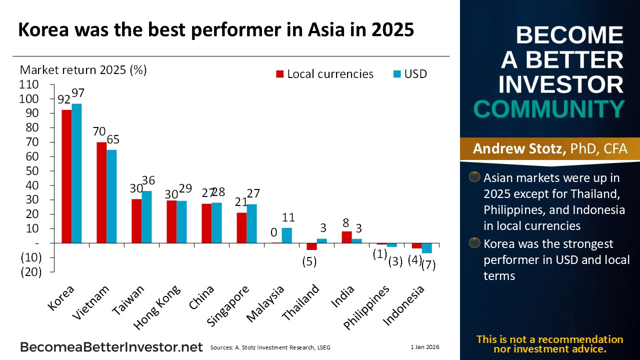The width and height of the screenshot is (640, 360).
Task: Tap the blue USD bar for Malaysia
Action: pyautogui.click(x=286, y=235)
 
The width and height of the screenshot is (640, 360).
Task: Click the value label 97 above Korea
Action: pyautogui.click(x=78, y=93)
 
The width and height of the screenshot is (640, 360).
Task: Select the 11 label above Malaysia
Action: pyautogui.click(x=288, y=217)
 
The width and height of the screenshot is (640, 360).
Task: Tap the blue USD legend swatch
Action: pyautogui.click(x=397, y=74)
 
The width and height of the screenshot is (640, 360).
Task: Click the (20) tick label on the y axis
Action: pyautogui.click(x=30, y=271)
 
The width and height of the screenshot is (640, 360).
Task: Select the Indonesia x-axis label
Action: pyautogui.click(x=403, y=305)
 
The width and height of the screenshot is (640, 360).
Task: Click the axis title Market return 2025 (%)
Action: pyautogui.click(x=83, y=69)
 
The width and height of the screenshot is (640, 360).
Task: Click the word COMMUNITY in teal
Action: pyautogui.click(x=549, y=109)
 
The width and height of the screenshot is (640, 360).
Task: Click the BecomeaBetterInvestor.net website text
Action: pyautogui.click(x=111, y=347)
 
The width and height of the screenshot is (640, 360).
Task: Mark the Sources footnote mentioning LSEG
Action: pyautogui.click(x=270, y=347)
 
